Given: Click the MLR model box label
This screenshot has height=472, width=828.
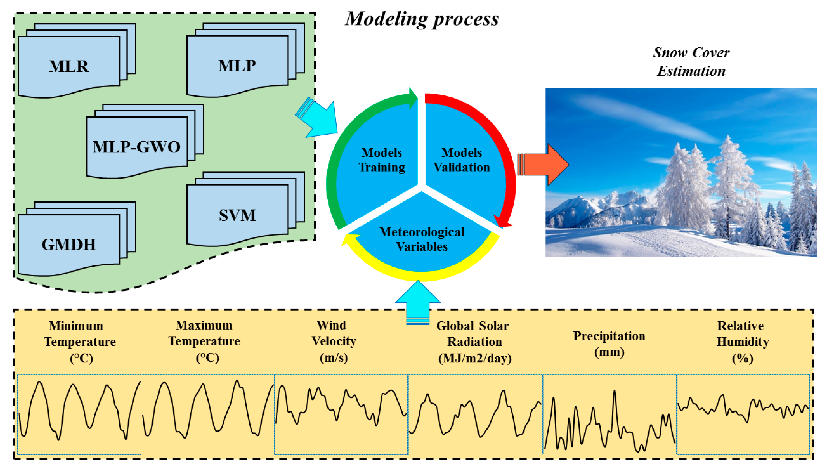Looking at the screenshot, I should (69, 66).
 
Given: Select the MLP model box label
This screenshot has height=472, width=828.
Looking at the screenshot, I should (237, 66).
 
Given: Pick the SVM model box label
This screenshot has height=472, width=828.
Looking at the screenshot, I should (237, 216).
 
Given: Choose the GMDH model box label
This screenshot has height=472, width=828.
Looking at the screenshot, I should (69, 245).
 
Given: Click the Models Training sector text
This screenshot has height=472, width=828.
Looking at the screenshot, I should (382, 160).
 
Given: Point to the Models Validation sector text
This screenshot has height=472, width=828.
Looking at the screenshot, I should (462, 160).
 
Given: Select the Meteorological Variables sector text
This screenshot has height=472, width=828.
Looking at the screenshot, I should (421, 239).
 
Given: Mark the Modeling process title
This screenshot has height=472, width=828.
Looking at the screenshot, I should (422, 19).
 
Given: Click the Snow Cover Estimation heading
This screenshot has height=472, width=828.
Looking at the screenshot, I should (691, 62).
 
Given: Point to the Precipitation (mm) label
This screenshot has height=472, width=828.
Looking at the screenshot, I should (609, 344).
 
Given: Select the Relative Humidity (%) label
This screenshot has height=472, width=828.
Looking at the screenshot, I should (742, 342).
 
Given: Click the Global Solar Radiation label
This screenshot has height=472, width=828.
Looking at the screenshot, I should (474, 342).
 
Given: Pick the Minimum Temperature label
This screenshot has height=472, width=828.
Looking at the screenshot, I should (80, 342).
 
